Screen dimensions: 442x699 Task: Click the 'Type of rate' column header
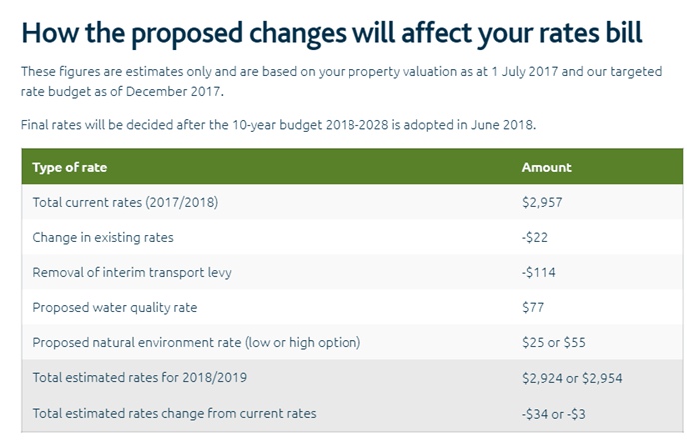pos(70,167)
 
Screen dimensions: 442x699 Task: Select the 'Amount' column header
pos(546,167)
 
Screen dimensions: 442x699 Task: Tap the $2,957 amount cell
pos(543,202)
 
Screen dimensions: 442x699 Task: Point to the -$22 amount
pos(535,237)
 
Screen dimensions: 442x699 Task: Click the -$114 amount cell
pos(539,272)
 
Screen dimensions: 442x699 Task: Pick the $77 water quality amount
pos(533,307)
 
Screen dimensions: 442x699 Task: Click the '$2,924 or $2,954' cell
pos(572,378)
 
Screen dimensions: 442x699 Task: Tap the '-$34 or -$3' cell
pos(554,413)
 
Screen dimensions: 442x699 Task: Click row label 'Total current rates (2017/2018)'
pos(125,202)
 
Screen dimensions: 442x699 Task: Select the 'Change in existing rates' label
pos(102,237)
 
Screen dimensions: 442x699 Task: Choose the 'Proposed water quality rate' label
pos(113,307)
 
